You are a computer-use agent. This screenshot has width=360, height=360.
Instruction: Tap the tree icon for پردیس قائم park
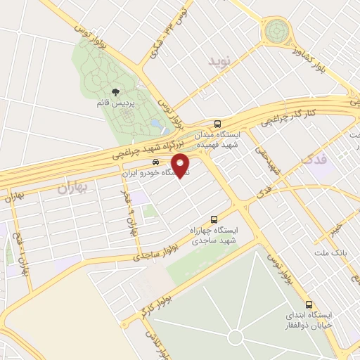pos(116,91)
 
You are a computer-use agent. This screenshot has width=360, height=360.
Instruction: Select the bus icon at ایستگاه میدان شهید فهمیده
pos(218,121)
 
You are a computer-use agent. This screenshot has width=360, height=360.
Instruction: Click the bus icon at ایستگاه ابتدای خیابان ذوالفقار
pos(309,304)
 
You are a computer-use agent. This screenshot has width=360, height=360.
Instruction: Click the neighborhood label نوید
pos(219,62)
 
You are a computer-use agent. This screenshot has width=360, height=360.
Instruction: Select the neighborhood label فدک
pos(314,160)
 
